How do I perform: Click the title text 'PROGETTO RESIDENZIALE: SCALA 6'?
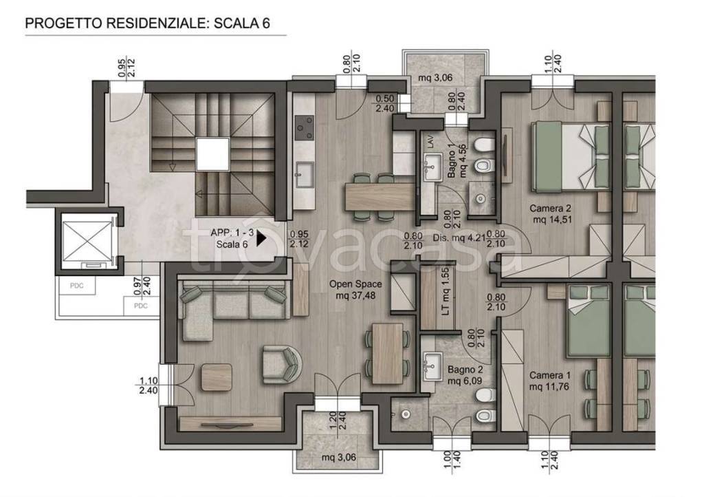coord(148,23)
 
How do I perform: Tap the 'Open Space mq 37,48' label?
coord(355,290)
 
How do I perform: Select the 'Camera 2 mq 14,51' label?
coord(550,214)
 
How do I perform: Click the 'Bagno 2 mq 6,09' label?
coord(465,375)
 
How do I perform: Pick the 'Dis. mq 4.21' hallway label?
coord(459,238)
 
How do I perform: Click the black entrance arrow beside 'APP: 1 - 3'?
coord(261,239)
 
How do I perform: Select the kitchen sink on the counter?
coord(305,174)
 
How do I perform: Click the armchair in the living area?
coord(282,364)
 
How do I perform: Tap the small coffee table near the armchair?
coord(217,377)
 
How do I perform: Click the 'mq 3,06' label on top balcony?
coord(435,78)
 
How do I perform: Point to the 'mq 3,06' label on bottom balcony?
coord(339,458)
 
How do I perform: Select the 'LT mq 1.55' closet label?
coord(445,291)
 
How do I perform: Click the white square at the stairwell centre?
coord(213,154)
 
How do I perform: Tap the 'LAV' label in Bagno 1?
coord(431,143)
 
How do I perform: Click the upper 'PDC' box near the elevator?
coord(77,286)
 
